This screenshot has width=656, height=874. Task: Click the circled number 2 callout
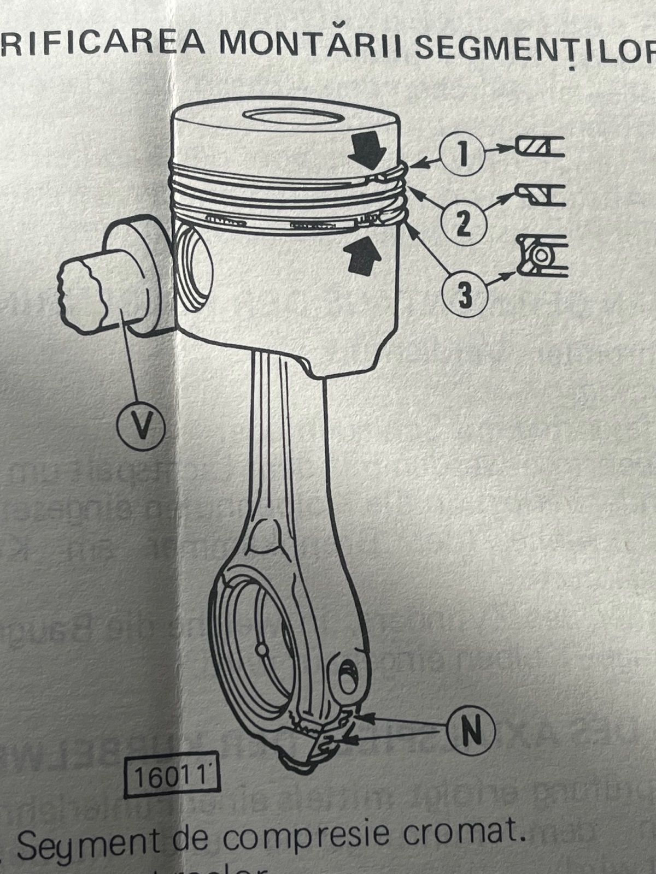(463, 224)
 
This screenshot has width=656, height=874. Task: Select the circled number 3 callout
(464, 295)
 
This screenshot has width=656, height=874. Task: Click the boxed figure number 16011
(172, 777)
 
